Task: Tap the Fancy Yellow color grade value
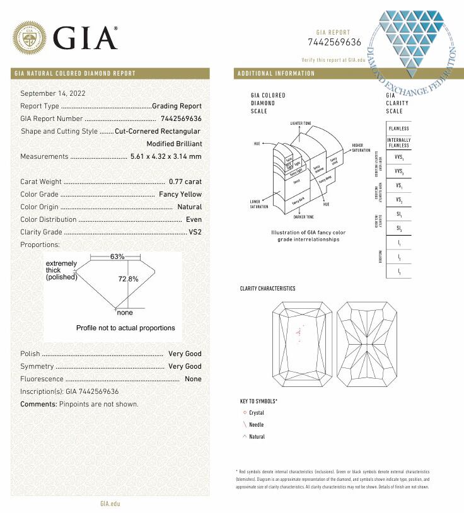point(180,194)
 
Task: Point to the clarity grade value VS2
point(195,232)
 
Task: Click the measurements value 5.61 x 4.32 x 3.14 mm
point(166,156)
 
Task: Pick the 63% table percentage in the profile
point(117,257)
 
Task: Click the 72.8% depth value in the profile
point(128,279)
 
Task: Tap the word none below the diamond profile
point(125,313)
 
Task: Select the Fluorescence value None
point(193,379)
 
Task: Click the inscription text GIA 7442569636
point(92,391)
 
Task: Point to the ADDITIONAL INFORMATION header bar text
point(275,73)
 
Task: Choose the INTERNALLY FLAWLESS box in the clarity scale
point(398,142)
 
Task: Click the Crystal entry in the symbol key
point(257,412)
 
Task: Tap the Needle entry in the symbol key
point(256,425)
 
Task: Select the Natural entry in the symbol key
point(257,437)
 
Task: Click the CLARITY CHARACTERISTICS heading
point(267,289)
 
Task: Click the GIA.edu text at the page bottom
point(110,504)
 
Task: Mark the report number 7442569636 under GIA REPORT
point(334,42)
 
